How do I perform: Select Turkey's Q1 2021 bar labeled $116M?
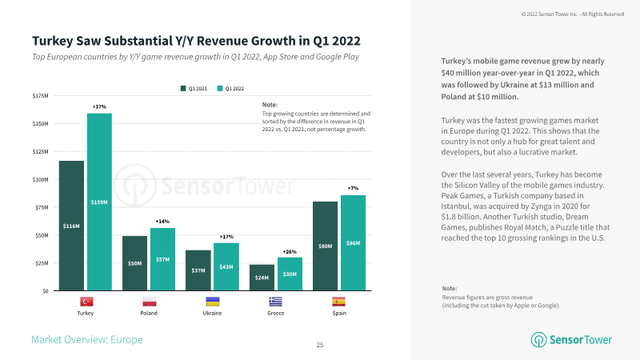[x=71, y=226]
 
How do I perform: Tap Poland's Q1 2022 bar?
[x=162, y=259]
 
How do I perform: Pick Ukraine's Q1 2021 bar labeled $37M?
[x=198, y=270]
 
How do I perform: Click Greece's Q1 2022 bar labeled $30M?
[x=289, y=274]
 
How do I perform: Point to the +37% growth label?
[x=99, y=106]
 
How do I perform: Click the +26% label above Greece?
[x=289, y=250]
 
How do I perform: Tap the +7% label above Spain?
[x=353, y=188]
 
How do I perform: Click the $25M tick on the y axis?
[x=39, y=263]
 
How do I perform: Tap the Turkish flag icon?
[x=85, y=302]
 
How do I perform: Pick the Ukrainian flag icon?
[x=212, y=302]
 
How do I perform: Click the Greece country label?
[x=275, y=314]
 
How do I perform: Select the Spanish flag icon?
[x=338, y=302]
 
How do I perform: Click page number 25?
[x=320, y=345]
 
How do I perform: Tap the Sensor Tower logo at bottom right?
[x=573, y=340]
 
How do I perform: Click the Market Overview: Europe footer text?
[x=86, y=340]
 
